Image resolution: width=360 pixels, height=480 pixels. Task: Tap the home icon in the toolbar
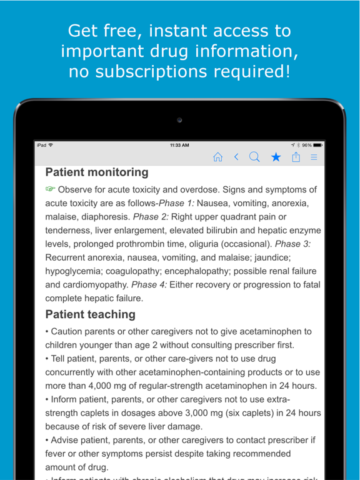tap(217, 157)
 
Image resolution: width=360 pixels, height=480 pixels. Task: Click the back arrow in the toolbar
tap(236, 157)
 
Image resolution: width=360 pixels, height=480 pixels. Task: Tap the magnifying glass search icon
tap(254, 157)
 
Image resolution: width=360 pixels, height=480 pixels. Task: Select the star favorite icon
tap(276, 157)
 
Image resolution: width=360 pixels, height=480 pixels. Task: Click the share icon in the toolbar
tap(296, 157)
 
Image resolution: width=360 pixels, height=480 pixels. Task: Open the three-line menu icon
tap(314, 157)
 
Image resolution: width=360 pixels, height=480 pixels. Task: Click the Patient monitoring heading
tap(97, 172)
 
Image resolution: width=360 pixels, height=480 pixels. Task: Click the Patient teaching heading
tap(90, 314)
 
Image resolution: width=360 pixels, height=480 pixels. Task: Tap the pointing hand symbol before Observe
tap(50, 189)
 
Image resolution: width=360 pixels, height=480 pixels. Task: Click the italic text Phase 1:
tap(176, 203)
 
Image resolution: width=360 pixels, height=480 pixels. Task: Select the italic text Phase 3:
tap(293, 244)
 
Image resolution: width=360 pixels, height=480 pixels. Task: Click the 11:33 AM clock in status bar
tap(179, 145)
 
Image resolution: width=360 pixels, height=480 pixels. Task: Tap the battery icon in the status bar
tap(318, 145)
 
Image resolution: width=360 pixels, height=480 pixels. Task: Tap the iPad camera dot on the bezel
tap(179, 120)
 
